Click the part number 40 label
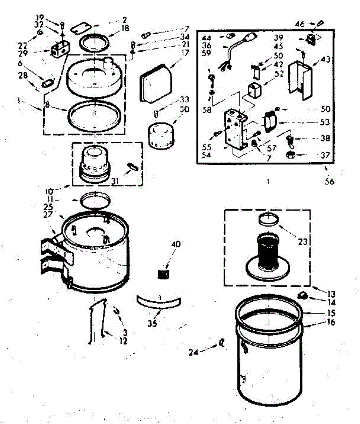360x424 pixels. (176, 244)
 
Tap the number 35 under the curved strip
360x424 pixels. (153, 323)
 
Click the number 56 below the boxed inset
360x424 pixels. (329, 182)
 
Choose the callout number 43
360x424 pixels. (326, 60)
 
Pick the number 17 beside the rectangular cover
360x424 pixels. (184, 53)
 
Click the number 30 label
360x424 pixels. (184, 109)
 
